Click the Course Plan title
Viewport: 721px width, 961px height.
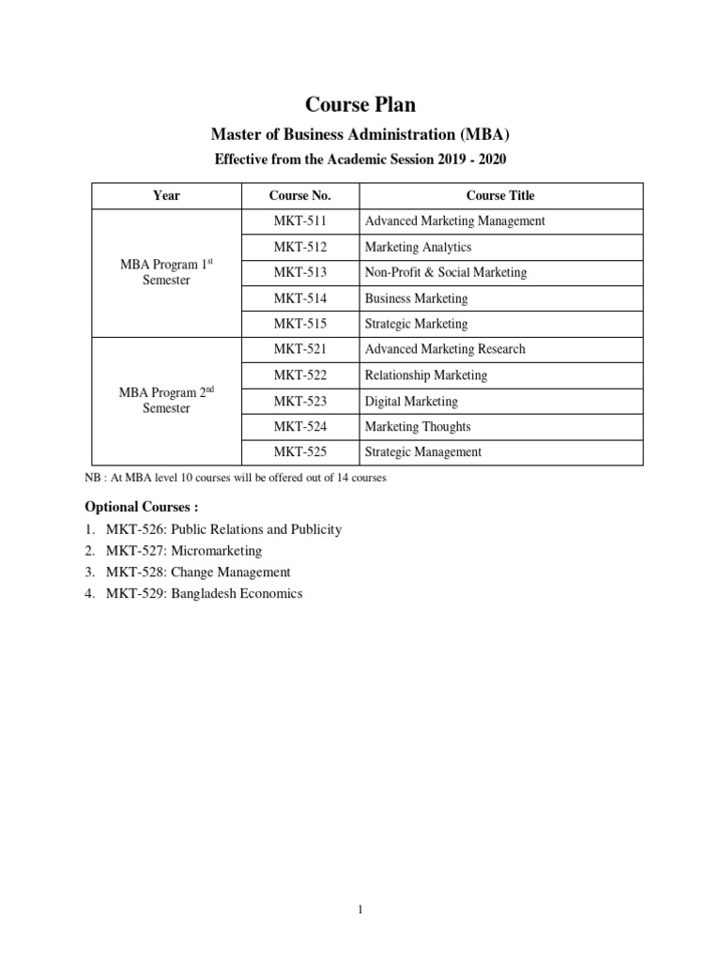click(360, 104)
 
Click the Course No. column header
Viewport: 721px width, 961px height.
click(299, 195)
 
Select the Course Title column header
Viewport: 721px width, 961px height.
click(500, 195)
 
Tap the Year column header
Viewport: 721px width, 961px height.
click(166, 195)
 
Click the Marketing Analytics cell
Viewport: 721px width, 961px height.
click(418, 247)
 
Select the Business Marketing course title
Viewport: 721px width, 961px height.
click(416, 298)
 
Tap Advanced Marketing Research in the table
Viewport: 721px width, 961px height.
click(445, 349)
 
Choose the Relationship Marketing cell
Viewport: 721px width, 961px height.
click(426, 375)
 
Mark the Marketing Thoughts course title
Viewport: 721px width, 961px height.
click(418, 426)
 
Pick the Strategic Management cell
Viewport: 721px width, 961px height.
click(422, 451)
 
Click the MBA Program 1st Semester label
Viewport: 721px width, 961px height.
click(166, 272)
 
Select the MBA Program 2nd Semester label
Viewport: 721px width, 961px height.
click(166, 401)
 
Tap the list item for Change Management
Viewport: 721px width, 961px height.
click(199, 572)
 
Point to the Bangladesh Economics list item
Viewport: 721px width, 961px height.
click(205, 594)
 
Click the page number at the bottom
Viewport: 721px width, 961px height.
click(360, 909)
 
